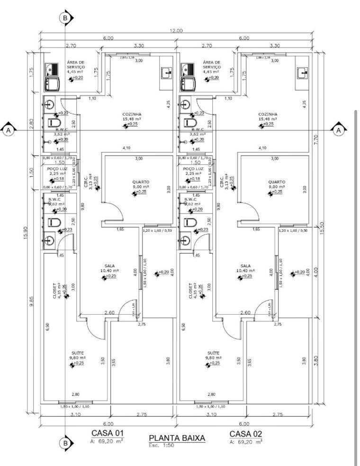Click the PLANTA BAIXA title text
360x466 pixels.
[x=177, y=438]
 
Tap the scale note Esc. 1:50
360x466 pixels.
[x=160, y=445]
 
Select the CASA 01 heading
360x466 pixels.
[x=108, y=433]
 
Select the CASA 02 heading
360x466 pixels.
[x=245, y=433]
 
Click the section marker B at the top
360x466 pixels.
[x=65, y=18]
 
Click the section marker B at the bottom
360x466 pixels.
[x=65, y=443]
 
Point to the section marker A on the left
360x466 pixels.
[x=8, y=129]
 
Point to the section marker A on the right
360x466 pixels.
[x=338, y=129]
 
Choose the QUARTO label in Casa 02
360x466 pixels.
[x=276, y=182]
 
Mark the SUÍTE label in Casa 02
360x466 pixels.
[x=214, y=353]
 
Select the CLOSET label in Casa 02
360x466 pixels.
[x=190, y=291]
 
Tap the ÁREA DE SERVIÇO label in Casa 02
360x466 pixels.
[x=212, y=64]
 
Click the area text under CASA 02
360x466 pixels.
[x=245, y=441]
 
